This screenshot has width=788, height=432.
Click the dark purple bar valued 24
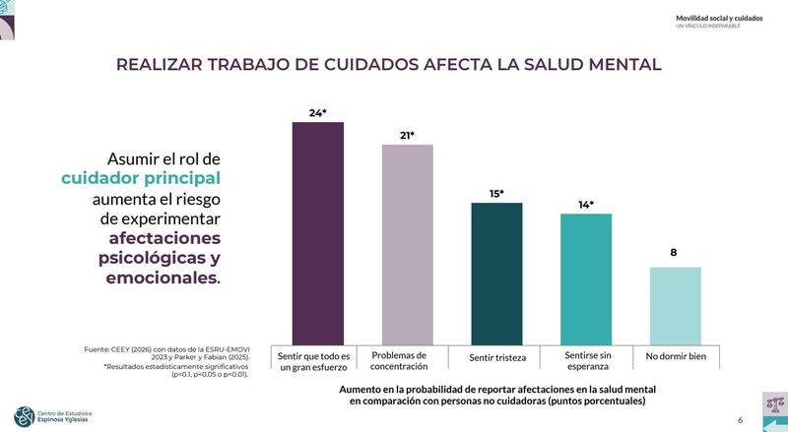[x=317, y=231]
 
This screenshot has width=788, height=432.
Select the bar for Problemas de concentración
[x=407, y=243]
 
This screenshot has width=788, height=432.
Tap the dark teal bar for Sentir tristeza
[x=496, y=273]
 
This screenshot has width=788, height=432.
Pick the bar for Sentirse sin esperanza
[x=586, y=278]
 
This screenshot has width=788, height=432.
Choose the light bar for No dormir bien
[x=675, y=304]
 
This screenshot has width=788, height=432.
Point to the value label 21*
[x=407, y=135]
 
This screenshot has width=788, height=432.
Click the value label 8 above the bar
[x=674, y=253]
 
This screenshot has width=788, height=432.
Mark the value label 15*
[x=496, y=194]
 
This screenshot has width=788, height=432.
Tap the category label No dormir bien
[x=676, y=355]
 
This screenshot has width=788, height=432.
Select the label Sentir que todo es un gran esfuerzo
[x=314, y=360]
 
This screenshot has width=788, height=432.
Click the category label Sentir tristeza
[x=496, y=356]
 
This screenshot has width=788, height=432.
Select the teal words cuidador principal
[x=141, y=178]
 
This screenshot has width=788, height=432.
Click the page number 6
[x=740, y=420]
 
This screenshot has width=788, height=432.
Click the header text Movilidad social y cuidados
[x=719, y=18]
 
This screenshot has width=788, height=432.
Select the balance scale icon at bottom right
[x=774, y=402]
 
